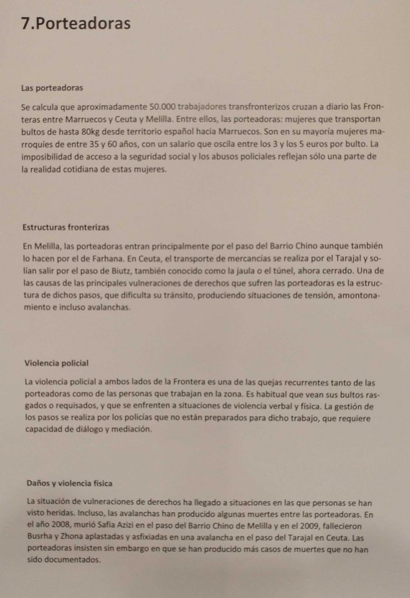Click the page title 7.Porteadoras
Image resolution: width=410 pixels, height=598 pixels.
[75, 23]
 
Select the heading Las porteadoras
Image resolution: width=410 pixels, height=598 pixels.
[52, 88]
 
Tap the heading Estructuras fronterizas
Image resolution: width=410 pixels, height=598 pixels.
[66, 227]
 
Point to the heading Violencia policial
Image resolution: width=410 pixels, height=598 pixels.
[57, 363]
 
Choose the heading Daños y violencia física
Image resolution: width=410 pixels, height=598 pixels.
[70, 484]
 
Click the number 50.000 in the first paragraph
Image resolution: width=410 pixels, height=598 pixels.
[163, 107]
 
